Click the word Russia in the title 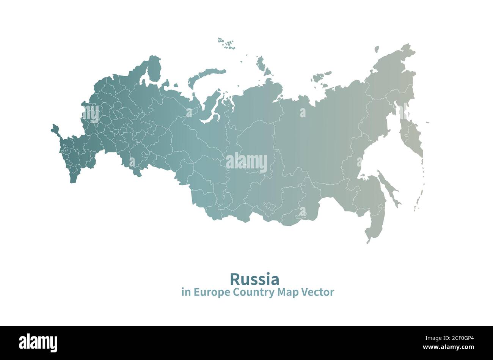pos(254,279)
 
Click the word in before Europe pos(185,292)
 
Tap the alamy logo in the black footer pos(38,343)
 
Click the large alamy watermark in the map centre pos(246,162)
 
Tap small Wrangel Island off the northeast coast pos(377,49)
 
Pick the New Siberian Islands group pos(320,77)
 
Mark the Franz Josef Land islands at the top pos(227,44)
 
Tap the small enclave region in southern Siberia pos(269,206)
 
